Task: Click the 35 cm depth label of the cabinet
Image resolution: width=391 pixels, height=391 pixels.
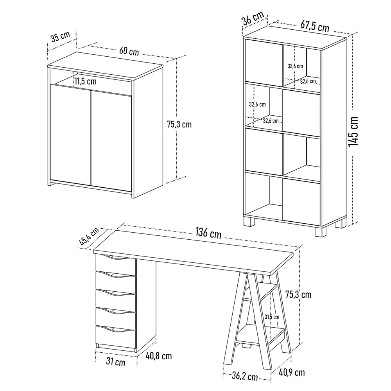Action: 60,36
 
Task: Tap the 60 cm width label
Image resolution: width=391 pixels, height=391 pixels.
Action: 129,51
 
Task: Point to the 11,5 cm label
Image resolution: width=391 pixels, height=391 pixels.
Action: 85,81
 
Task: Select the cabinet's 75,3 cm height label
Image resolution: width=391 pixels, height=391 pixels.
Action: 179,124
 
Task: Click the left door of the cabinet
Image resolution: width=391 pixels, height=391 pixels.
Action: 70,135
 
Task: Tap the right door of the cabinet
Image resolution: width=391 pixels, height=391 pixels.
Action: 111,141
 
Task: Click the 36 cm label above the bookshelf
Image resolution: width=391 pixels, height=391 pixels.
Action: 253,18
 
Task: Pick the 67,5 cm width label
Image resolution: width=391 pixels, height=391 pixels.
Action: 315,26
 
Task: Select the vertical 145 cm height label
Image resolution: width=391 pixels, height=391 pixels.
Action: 353,131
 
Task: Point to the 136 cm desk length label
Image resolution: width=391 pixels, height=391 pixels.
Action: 208,233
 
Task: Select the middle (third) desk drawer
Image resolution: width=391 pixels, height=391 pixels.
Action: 116,299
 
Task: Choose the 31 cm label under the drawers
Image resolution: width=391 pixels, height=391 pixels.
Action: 115,361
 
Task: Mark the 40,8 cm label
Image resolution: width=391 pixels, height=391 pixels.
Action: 159,356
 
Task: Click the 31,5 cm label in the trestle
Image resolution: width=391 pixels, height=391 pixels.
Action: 272,317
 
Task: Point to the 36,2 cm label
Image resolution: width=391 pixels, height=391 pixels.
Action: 245,376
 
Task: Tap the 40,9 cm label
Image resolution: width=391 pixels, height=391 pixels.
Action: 292,372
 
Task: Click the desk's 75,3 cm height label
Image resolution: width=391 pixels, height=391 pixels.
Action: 298,294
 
